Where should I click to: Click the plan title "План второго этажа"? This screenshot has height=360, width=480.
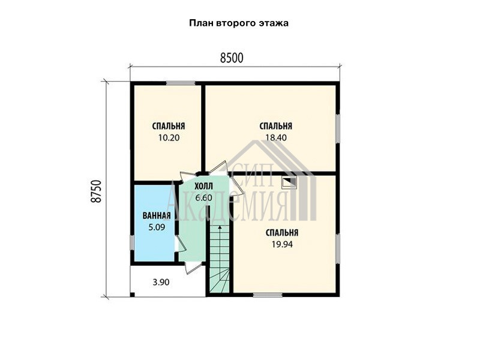(238, 23)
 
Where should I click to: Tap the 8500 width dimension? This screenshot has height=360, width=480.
(232, 58)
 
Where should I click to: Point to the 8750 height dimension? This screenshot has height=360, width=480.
(96, 191)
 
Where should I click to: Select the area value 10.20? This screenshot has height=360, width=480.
(169, 138)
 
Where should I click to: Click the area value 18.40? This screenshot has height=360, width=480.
(276, 138)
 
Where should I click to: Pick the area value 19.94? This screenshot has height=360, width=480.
(282, 244)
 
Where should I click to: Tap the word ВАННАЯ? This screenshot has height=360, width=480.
(157, 216)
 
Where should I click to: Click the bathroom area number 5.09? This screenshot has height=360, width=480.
(157, 227)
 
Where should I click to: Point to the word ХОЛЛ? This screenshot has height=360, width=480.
(203, 186)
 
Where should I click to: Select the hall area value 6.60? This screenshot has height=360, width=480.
(203, 198)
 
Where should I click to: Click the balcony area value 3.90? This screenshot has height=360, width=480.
(161, 282)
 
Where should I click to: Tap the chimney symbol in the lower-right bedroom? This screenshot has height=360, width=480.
(289, 183)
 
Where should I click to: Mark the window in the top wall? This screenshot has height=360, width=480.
(181, 83)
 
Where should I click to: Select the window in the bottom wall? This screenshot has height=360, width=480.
(268, 295)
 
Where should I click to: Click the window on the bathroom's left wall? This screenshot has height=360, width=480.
(132, 242)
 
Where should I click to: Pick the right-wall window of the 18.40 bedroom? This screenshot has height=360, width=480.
(338, 128)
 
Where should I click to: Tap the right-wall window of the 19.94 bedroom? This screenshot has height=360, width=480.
(338, 249)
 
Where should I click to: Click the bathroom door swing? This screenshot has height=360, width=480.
(180, 244)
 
